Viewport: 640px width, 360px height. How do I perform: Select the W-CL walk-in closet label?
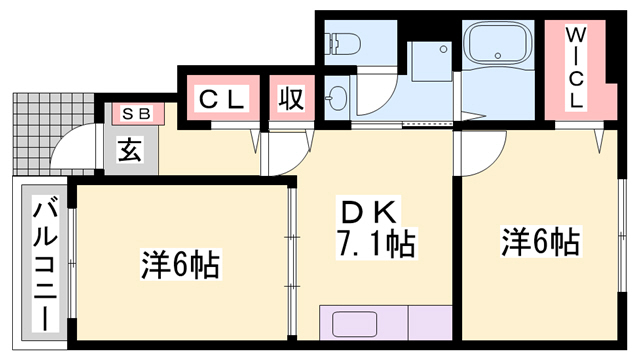(577, 68)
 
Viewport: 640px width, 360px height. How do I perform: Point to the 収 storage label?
(291, 100)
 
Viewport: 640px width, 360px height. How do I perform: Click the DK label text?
(371, 212)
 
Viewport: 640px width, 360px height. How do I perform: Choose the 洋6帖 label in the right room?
(540, 241)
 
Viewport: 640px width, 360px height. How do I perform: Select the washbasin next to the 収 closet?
(337, 99)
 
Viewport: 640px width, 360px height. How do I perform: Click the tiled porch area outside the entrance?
(35, 130)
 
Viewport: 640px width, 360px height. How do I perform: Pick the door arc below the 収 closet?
(283, 150)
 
